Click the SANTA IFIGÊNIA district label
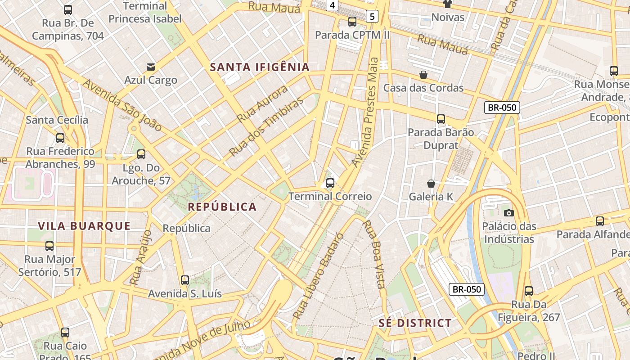click(x=260, y=67)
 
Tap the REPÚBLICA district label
click(x=222, y=207)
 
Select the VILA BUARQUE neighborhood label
click(x=84, y=226)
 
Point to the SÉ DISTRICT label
click(x=415, y=323)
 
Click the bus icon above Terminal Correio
click(x=330, y=183)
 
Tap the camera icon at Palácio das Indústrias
click(x=509, y=213)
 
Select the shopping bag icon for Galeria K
click(x=431, y=184)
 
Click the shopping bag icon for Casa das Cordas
click(x=423, y=75)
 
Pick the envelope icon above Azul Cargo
click(x=151, y=67)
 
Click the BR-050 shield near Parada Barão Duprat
click(x=502, y=108)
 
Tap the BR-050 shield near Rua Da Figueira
click(x=467, y=289)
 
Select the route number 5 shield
click(x=372, y=17)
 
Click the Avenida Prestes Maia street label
click(x=368, y=112)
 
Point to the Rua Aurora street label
click(x=262, y=104)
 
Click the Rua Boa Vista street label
click(x=374, y=254)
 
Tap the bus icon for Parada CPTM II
click(x=352, y=22)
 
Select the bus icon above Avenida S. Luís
click(x=184, y=280)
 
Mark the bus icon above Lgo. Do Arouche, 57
click(x=141, y=154)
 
